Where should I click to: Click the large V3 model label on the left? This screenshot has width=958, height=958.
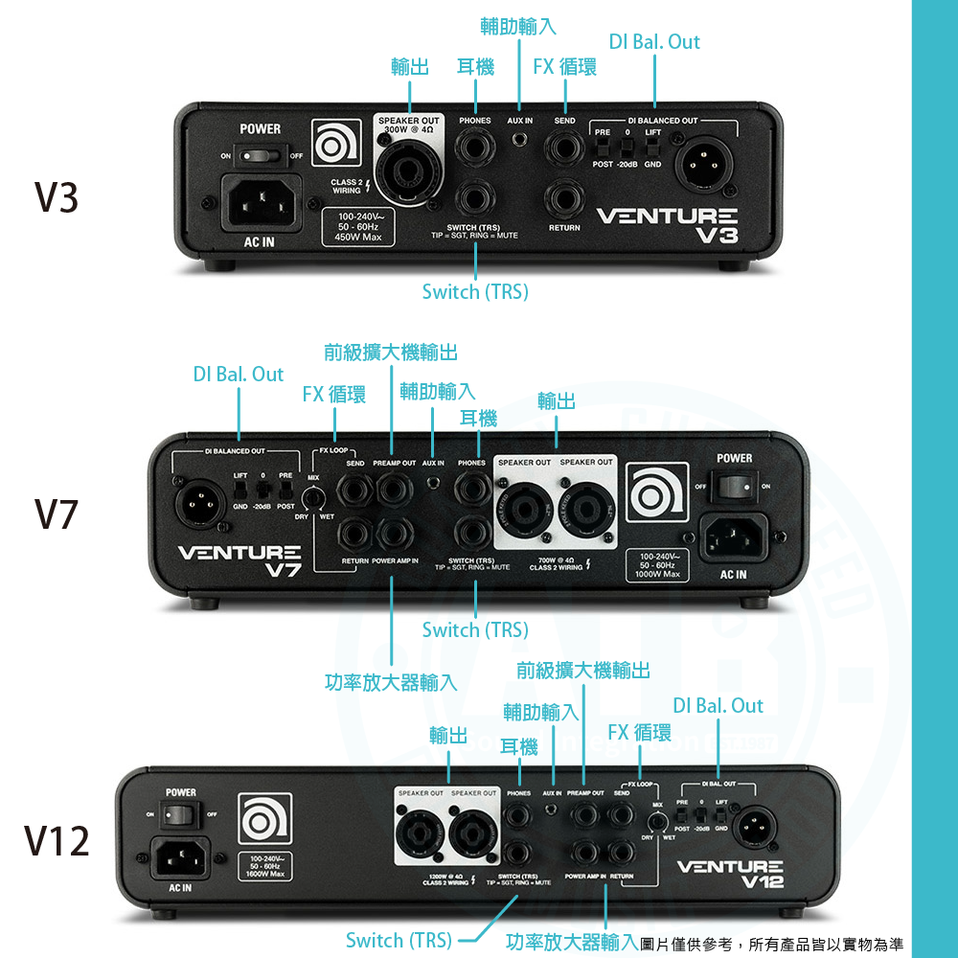point(56,197)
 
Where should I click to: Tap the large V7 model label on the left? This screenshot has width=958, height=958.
point(56,515)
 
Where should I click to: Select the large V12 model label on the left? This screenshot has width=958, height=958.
point(57,841)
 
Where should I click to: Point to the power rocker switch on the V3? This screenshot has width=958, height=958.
point(260,155)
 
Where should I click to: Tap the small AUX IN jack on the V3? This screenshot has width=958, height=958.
point(520,141)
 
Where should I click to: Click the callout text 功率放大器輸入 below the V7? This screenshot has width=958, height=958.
point(391,682)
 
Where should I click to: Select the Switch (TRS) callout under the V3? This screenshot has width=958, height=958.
point(475,291)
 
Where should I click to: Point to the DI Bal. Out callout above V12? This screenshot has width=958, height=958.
point(718,706)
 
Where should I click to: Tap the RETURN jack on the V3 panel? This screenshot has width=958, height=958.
point(564,198)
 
